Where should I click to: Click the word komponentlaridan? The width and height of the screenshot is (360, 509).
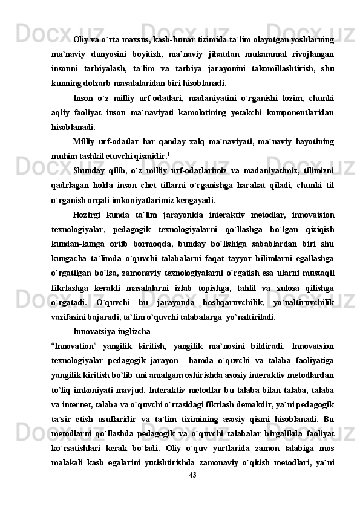click(302, 114)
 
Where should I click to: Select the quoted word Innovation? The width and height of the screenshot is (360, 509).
click(73, 346)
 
